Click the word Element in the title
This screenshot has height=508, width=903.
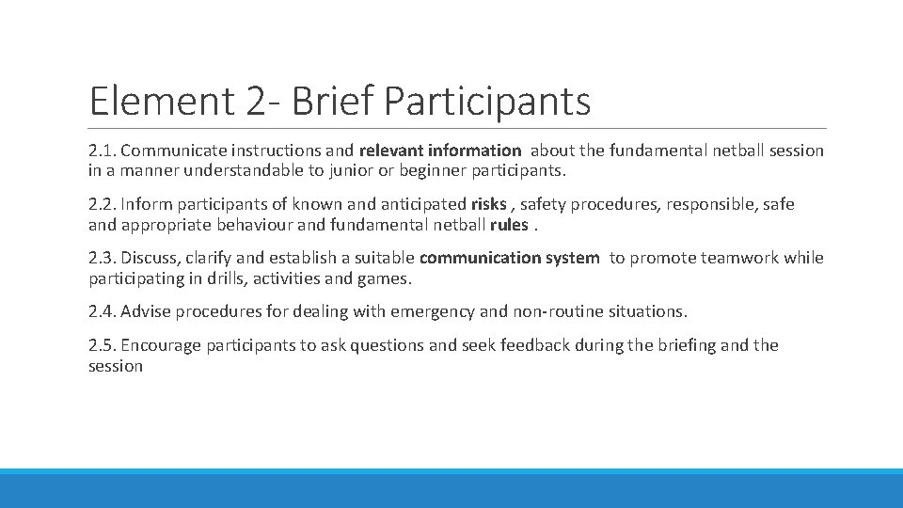159,101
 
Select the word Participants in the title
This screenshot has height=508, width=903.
487,101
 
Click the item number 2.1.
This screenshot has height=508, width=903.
102,151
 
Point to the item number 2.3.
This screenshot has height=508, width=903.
102,258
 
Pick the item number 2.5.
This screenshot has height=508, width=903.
102,345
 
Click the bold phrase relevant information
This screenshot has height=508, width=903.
439,151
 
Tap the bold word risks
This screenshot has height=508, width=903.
488,204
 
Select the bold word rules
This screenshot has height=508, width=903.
509,225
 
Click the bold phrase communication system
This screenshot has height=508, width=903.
509,258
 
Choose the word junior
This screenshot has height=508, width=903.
316,171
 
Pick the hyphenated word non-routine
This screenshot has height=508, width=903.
561,311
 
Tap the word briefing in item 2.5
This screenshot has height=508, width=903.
686,345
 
